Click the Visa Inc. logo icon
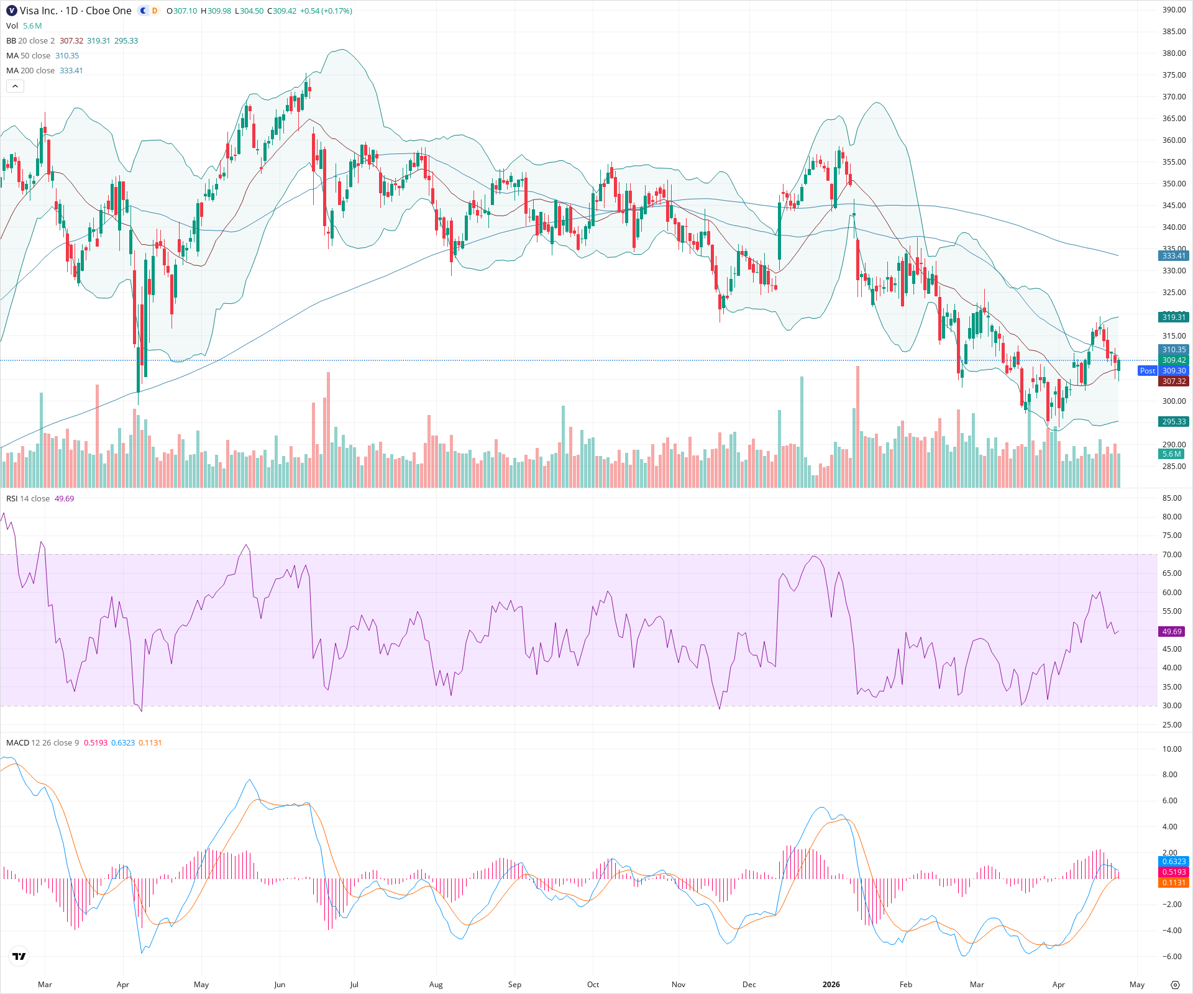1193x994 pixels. [x=11, y=11]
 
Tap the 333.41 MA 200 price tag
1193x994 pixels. [x=1174, y=255]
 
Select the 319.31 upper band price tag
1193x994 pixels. [x=1174, y=317]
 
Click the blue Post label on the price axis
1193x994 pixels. [x=1147, y=371]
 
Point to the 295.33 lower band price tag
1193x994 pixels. [x=1174, y=421]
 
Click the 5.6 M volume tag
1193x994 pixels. [x=1172, y=454]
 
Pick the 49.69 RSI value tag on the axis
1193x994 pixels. [x=1172, y=631]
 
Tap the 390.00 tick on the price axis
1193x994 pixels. [x=1174, y=10]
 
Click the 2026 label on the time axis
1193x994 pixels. [x=831, y=984]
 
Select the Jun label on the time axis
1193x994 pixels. [x=280, y=984]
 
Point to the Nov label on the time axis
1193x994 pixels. [x=679, y=984]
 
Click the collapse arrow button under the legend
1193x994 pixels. [x=15, y=86]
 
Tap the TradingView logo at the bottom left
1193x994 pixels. [x=19, y=956]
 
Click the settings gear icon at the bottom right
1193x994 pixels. [x=1175, y=985]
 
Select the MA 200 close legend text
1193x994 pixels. [x=30, y=71]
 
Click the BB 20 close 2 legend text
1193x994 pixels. [x=30, y=41]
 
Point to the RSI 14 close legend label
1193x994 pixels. [x=28, y=499]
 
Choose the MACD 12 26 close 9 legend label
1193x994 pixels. [x=42, y=743]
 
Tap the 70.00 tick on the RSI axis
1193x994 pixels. [x=1172, y=554]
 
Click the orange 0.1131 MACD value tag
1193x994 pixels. [x=1174, y=882]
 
